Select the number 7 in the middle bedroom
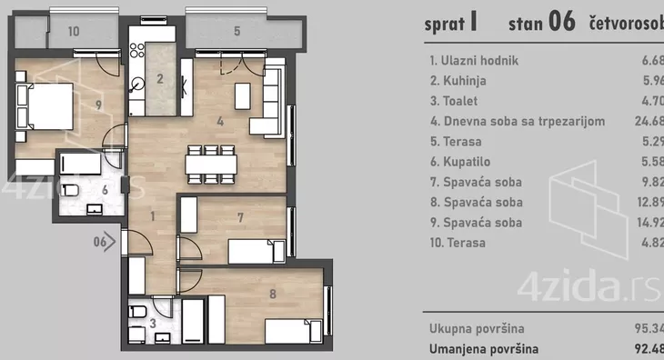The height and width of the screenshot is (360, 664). coord(238,217)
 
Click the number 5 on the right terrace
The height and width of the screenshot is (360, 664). coord(236,31)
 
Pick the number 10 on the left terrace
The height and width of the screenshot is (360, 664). coord(74,31)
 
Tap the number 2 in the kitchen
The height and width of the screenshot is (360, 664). coord(160,78)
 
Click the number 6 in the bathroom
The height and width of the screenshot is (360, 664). coord(105,190)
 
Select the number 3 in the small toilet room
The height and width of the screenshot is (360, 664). coord(152,323)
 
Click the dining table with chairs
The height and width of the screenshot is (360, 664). coord(211,163)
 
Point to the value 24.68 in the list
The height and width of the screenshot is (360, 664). coord(649,122)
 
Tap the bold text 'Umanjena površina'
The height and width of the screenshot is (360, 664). coord(484,348)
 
